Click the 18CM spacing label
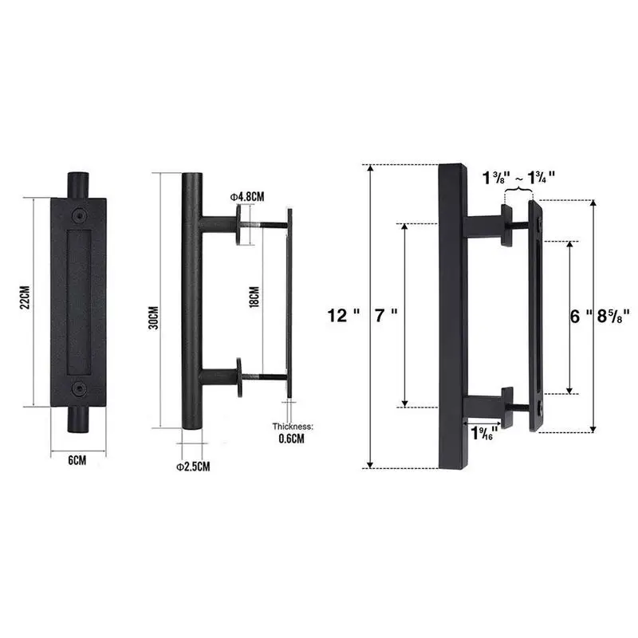coord(254,299)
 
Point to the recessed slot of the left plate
coord(77,301)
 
